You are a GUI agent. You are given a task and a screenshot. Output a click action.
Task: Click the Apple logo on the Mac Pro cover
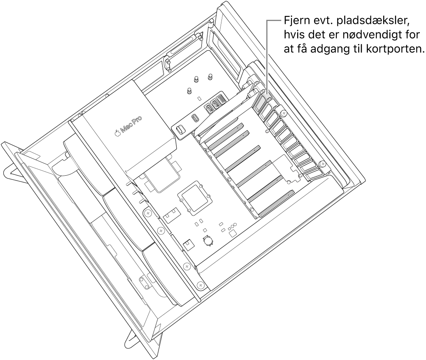point(117,133)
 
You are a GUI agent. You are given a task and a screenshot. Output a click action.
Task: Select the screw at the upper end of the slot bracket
point(284,112)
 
